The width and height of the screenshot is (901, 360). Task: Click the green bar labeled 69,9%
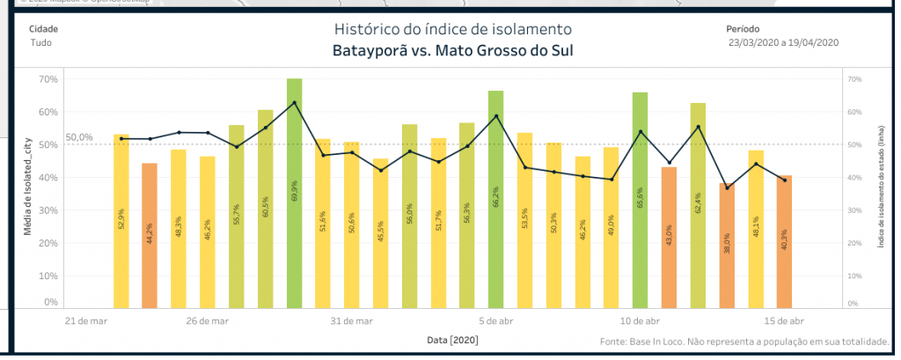pyautogui.click(x=295, y=194)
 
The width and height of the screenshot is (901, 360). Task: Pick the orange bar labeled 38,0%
pyautogui.click(x=727, y=246)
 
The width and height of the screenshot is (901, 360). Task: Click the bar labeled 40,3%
pyautogui.click(x=785, y=242)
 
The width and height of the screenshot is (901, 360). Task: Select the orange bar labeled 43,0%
pyautogui.click(x=669, y=238)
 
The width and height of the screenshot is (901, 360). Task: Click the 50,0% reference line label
pyautogui.click(x=79, y=137)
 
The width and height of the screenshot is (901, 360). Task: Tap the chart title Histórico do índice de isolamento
pyautogui.click(x=451, y=30)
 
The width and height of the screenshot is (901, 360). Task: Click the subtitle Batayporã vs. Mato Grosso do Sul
pyautogui.click(x=451, y=50)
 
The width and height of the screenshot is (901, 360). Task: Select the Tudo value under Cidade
pyautogui.click(x=40, y=42)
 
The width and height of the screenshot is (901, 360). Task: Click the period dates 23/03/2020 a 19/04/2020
pyautogui.click(x=783, y=42)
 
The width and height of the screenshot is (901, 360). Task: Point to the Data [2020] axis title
pyautogui.click(x=451, y=339)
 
